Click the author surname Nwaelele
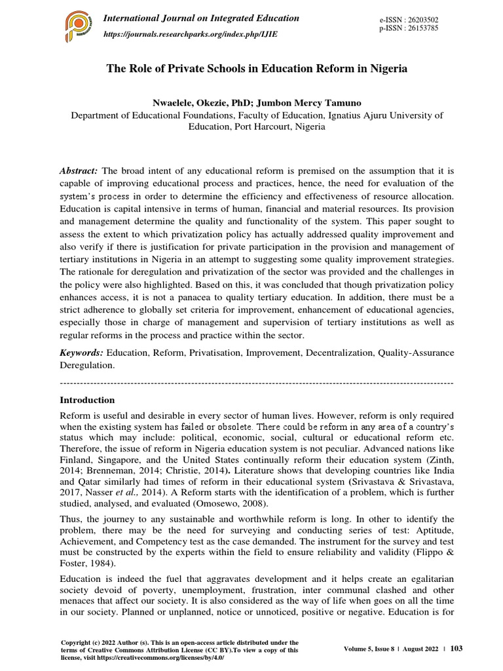pos(174,103)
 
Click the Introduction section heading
pos(87,400)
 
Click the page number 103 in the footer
pos(456,649)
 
